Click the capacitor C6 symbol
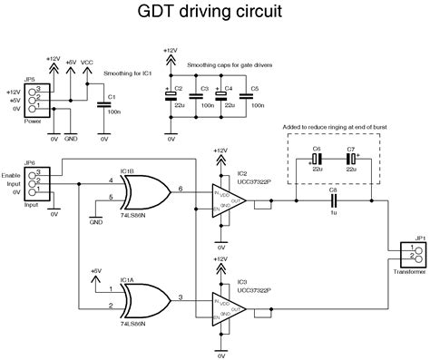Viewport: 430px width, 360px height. [318, 166]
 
